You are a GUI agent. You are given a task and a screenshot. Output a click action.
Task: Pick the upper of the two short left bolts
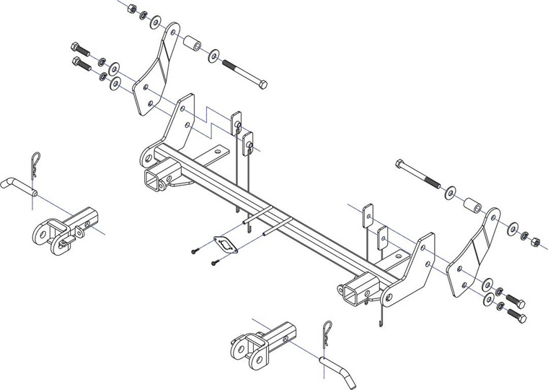pyautogui.click(x=79, y=51)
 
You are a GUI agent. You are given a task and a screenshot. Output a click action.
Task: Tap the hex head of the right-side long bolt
pyautogui.click(x=401, y=165)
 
